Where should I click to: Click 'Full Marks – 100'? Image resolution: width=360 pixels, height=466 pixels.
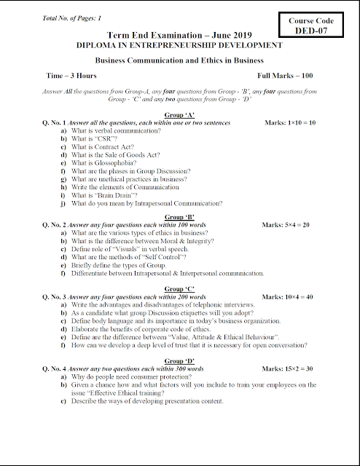[286, 75]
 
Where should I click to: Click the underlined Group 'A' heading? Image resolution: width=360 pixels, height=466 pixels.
[179, 115]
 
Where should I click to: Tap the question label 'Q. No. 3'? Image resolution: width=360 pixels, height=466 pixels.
[54, 298]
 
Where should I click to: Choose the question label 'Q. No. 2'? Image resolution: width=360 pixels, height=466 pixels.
[54, 224]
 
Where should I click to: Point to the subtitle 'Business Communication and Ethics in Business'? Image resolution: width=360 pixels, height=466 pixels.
[179, 60]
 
